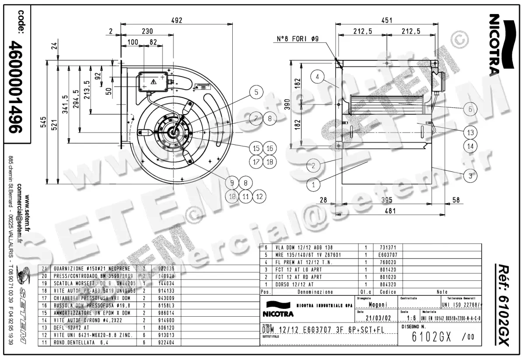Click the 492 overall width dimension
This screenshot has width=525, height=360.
[176, 20]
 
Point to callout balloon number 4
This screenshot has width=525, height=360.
[318, 77]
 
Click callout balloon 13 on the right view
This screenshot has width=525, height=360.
[470, 132]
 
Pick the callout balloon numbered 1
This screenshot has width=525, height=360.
[313, 185]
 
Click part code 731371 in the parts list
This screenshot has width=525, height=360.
[388, 247]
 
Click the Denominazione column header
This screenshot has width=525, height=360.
[315, 291]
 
